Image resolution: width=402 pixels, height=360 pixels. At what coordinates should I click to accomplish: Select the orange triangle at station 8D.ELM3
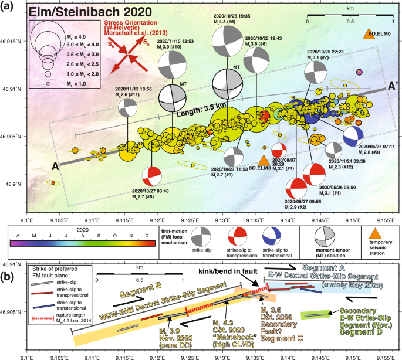pyautogui.click(x=264, y=160)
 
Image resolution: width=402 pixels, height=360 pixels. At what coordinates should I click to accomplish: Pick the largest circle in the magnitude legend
pyautogui.click(x=48, y=36)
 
